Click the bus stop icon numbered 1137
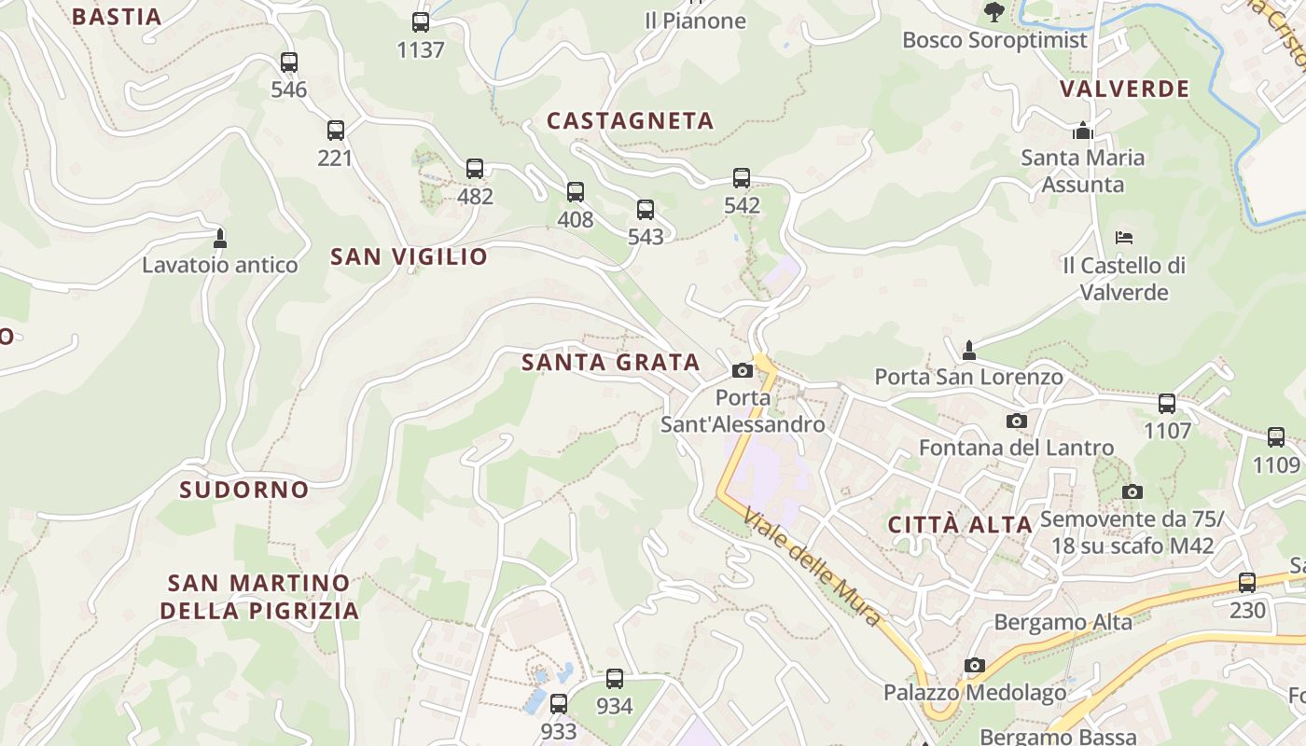tap(421, 22)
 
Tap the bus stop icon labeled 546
tap(289, 62)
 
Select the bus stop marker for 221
tap(336, 131)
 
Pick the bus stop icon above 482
tap(475, 169)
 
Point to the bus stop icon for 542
tap(742, 177)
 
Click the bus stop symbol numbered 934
tap(615, 678)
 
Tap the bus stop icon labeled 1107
tap(1167, 403)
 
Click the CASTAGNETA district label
tap(631, 120)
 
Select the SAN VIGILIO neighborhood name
tap(409, 256)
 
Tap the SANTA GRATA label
tap(611, 362)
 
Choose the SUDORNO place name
tap(244, 490)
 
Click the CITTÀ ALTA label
tap(960, 524)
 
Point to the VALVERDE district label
tap(1125, 89)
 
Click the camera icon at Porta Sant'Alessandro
tap(743, 370)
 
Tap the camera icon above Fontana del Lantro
tap(1017, 421)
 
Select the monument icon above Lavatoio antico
tap(220, 238)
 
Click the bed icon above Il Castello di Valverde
tap(1124, 238)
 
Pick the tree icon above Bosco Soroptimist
tap(994, 12)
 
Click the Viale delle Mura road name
tap(812, 566)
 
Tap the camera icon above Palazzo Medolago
tap(975, 665)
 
